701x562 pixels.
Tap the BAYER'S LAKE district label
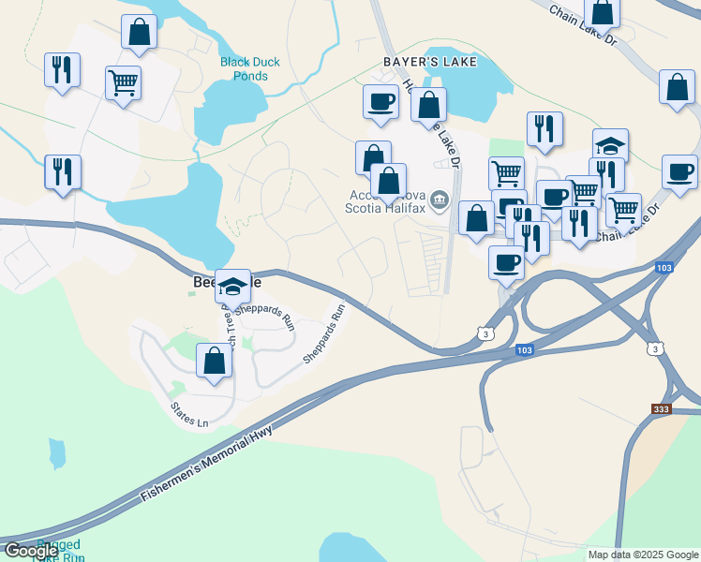[430, 62]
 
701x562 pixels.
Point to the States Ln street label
[189, 415]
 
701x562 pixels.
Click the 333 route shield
[663, 409]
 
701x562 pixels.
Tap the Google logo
[30, 551]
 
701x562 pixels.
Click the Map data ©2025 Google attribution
[643, 555]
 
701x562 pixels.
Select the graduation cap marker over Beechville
[232, 285]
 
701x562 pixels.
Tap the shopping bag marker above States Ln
[215, 361]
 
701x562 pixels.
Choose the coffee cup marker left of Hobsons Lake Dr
[380, 101]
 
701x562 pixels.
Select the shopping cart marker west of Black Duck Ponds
[123, 82]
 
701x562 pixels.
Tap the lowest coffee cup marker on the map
[506, 261]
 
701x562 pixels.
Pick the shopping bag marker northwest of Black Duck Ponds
[139, 32]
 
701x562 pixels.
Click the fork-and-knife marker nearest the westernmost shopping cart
[63, 69]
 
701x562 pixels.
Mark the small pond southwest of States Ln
[57, 454]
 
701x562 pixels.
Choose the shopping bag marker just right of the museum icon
[476, 218]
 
